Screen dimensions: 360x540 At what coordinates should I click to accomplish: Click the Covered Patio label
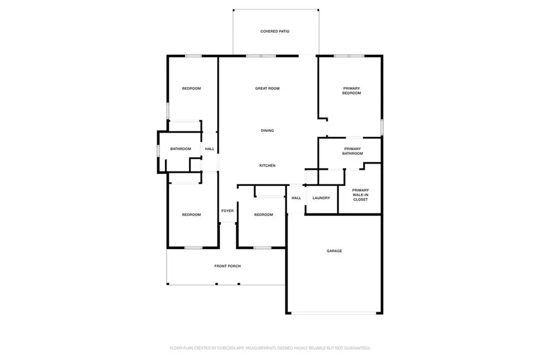[x=275, y=31]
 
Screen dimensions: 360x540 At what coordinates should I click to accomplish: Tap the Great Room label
[x=268, y=89]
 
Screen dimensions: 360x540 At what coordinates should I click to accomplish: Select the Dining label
[x=268, y=131]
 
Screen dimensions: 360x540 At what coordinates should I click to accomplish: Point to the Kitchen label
[x=268, y=166]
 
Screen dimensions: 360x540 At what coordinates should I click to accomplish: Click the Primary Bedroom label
[x=352, y=91]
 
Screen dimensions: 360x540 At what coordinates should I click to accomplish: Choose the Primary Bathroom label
[x=353, y=151]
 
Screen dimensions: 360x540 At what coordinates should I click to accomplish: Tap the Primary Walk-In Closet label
[x=360, y=195]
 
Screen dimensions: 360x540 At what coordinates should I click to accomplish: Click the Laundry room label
[x=322, y=198]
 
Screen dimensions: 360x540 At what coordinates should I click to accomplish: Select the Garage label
[x=334, y=251]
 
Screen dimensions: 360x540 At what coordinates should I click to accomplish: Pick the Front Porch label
[x=227, y=266]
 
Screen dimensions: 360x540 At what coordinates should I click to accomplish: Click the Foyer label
[x=227, y=211]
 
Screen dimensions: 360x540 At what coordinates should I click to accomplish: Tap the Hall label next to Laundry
[x=296, y=198]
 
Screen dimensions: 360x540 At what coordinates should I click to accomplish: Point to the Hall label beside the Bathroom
[x=209, y=149]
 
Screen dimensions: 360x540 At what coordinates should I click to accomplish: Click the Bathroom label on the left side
[x=181, y=149]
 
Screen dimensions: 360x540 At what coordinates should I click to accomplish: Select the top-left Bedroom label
[x=191, y=89]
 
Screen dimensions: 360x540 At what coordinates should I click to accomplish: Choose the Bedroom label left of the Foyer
[x=191, y=215]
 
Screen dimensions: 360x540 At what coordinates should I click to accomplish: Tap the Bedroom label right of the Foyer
[x=263, y=215]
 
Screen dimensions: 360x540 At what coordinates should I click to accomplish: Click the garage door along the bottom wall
[x=335, y=313]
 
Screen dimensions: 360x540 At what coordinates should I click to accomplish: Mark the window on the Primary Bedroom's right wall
[x=382, y=127]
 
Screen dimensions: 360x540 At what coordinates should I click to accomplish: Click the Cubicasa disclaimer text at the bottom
[x=269, y=347]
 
